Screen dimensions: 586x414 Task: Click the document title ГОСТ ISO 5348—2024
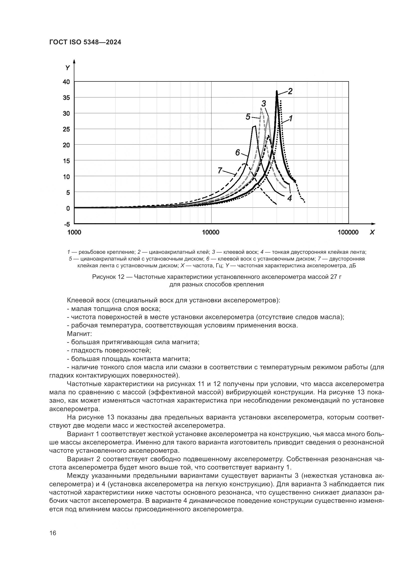85,42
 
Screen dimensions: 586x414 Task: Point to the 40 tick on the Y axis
66,82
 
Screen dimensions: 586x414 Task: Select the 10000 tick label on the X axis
211,232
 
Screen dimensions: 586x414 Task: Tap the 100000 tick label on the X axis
348,232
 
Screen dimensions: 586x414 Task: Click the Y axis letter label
68,68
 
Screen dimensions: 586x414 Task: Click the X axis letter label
372,232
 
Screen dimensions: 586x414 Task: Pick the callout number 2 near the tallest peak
290,91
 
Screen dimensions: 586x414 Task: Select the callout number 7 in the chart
220,170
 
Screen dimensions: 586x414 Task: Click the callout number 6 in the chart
237,153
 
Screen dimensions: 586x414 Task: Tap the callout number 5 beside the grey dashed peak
248,117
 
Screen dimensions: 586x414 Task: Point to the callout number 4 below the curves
290,198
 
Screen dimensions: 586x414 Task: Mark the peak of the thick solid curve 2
277,91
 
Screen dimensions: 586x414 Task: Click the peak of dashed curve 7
245,164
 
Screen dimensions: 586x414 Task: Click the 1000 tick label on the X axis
74,232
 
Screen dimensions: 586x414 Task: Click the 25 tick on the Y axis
66,129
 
